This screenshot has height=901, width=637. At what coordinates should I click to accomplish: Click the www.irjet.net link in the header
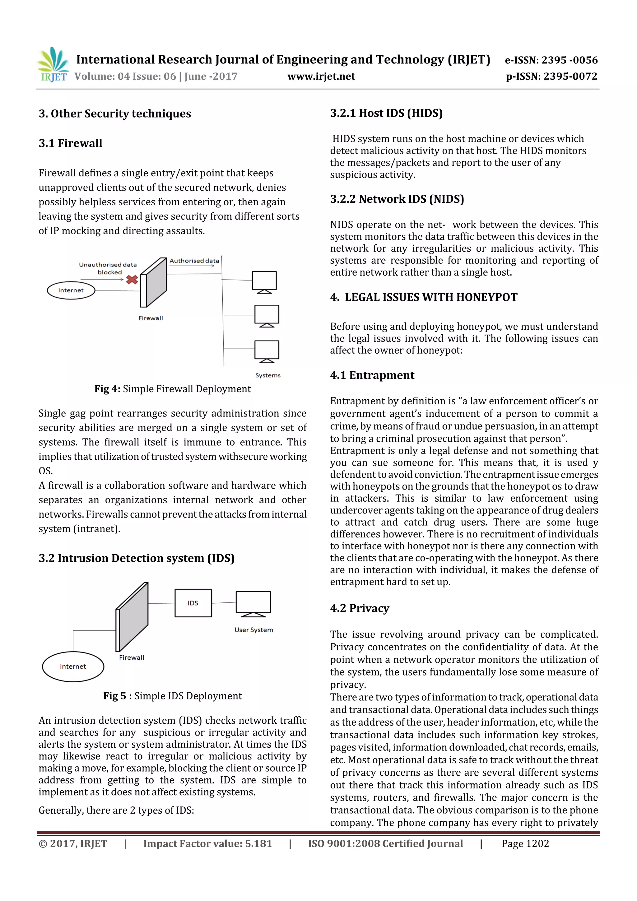(321, 76)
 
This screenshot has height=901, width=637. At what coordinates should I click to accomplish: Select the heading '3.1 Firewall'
(70, 143)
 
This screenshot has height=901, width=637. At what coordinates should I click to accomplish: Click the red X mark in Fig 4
(132, 279)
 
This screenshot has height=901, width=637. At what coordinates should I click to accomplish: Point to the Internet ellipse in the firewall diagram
(71, 290)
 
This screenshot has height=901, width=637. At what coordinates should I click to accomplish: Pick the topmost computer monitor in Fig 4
(264, 281)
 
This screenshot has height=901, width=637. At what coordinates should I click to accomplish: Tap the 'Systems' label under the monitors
(268, 375)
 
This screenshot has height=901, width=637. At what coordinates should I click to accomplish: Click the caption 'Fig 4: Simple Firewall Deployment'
(172, 389)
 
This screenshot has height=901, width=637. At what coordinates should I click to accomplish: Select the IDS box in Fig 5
(193, 603)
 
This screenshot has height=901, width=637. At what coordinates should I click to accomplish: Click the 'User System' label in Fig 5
(253, 630)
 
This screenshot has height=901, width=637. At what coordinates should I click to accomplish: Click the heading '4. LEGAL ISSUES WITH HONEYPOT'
(424, 297)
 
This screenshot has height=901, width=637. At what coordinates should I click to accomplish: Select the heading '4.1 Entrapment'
(372, 375)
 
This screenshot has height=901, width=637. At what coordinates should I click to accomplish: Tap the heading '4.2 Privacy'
(359, 608)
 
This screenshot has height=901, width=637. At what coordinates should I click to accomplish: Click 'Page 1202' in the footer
(525, 844)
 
